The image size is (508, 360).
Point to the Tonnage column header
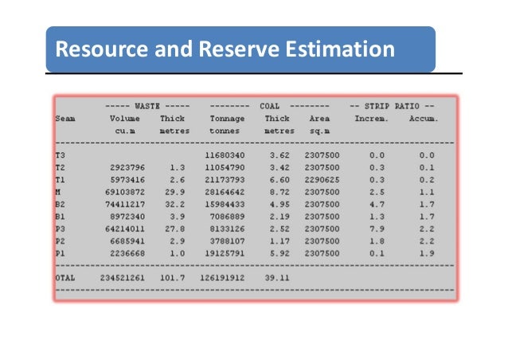pos(227,118)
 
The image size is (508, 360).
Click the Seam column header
pos(65,118)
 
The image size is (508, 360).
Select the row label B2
pos(61,204)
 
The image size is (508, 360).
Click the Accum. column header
pos(423,118)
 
